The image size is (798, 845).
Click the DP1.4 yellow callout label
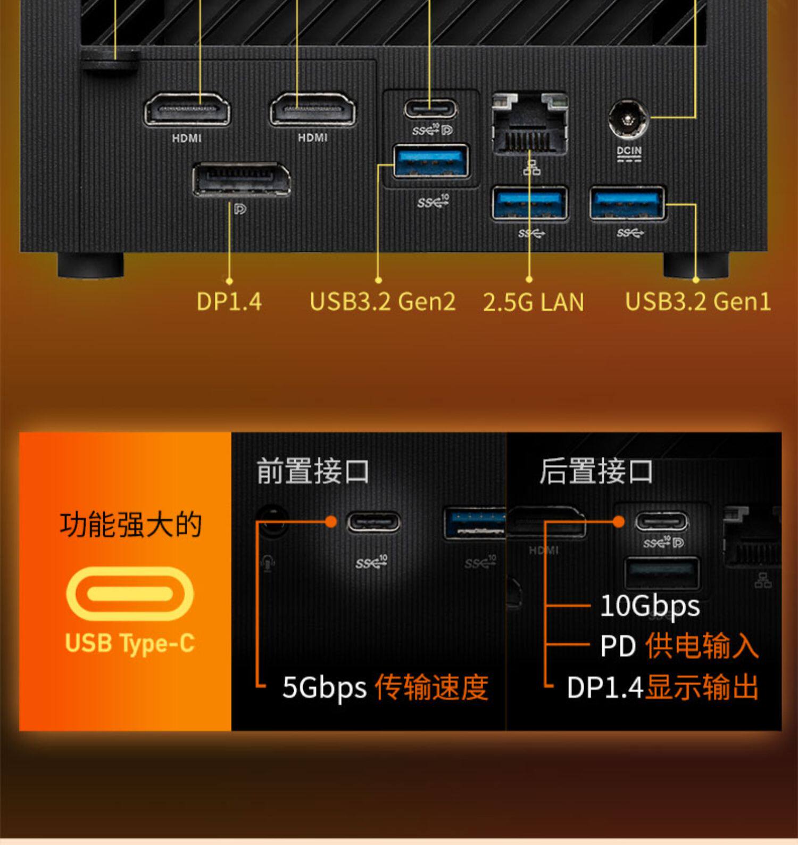click(x=229, y=301)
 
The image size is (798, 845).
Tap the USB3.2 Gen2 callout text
click(x=383, y=301)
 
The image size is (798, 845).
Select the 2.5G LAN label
click(x=533, y=302)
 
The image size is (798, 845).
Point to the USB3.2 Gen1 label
click(x=697, y=301)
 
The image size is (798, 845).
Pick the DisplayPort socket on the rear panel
click(x=241, y=180)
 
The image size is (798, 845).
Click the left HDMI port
click(x=187, y=110)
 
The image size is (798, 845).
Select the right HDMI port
click(x=312, y=110)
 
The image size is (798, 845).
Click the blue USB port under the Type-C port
click(x=431, y=161)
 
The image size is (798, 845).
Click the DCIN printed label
click(x=629, y=151)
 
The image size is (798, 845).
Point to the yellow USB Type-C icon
click(x=130, y=593)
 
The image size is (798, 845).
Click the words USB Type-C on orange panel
click(x=130, y=643)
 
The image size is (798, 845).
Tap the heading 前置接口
click(x=313, y=471)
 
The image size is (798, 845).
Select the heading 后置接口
click(x=596, y=471)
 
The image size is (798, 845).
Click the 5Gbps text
click(x=324, y=687)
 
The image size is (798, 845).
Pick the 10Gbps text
click(x=650, y=606)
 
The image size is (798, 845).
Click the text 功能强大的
click(x=130, y=525)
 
